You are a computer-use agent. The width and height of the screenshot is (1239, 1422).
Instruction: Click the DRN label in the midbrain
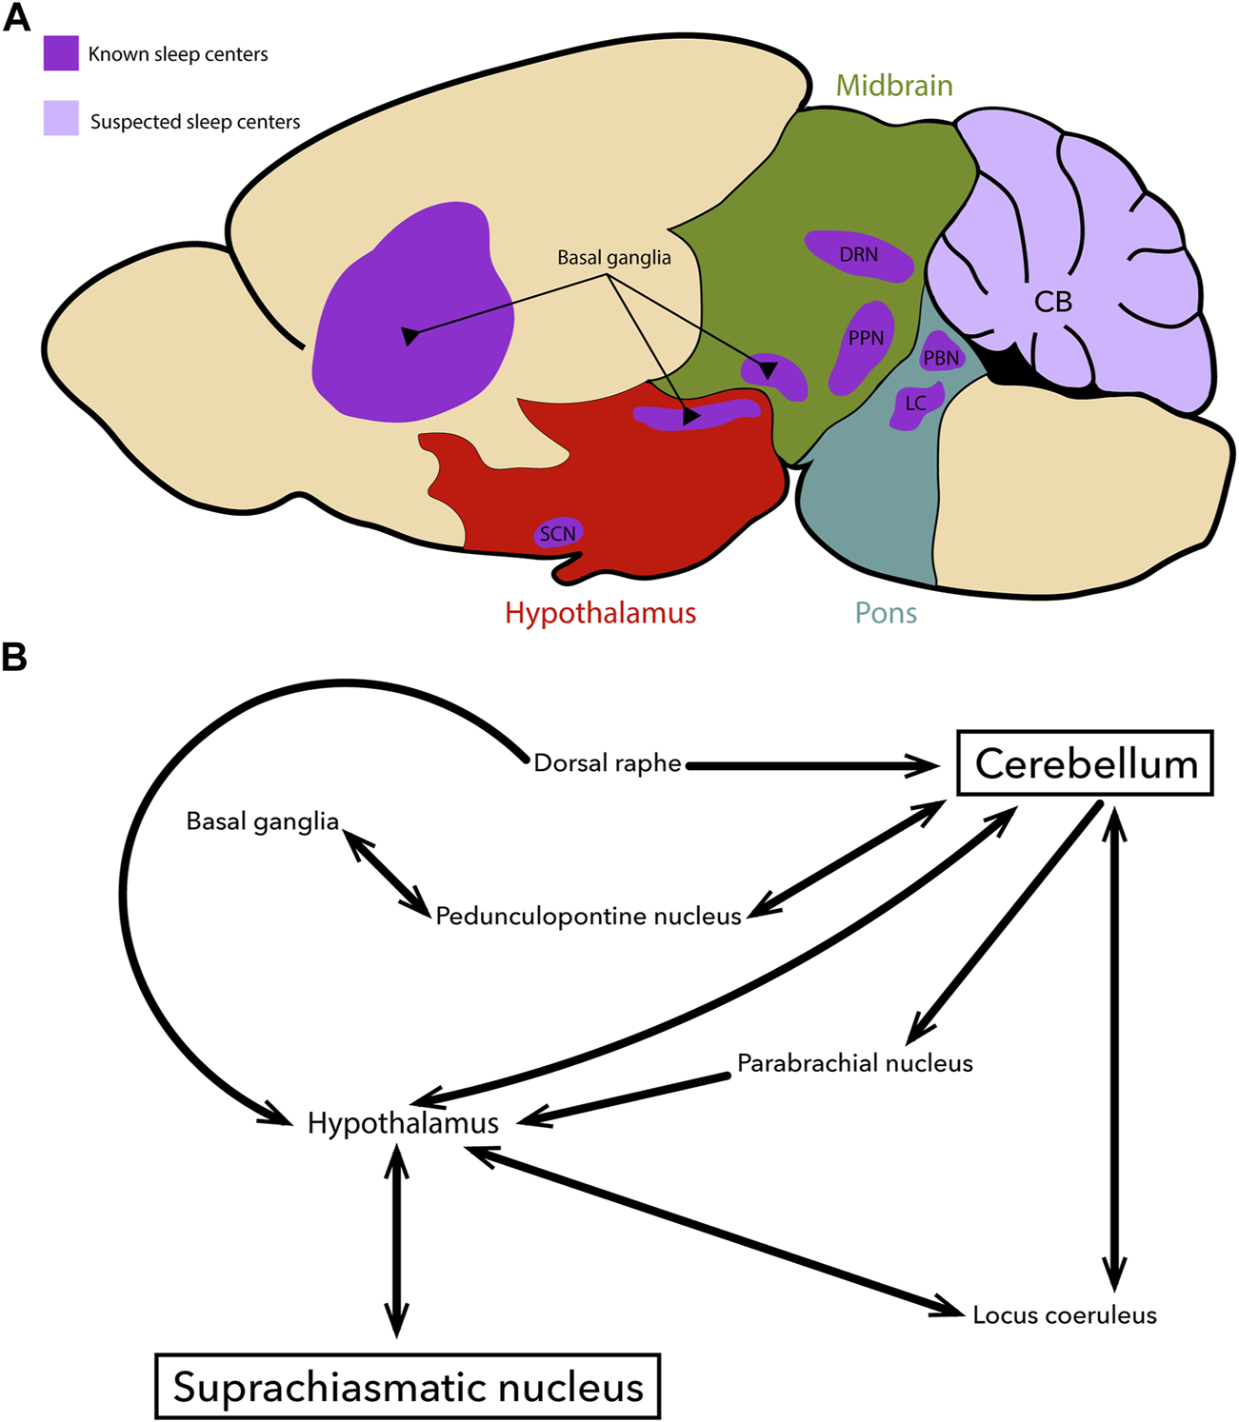859,255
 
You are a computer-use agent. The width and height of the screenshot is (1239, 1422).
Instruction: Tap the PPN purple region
862,346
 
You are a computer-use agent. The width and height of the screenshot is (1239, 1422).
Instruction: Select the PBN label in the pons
941,358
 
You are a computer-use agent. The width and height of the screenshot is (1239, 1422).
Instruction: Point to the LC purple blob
916,405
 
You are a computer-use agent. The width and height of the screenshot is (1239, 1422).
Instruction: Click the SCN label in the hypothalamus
558,534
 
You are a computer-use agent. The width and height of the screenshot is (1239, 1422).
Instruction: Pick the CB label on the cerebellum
1052,302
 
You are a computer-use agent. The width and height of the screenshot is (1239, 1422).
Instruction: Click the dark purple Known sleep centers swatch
61,53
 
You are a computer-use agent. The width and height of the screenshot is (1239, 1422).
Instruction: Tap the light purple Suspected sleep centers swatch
61,118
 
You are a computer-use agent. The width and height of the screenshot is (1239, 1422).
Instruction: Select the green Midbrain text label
894,86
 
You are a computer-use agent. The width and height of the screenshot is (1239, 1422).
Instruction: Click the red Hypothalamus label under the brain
601,613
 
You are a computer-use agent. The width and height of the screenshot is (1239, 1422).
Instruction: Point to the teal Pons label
886,613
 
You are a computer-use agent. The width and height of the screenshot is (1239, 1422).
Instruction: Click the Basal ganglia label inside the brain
614,258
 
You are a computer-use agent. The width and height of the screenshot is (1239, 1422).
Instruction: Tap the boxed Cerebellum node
1086,763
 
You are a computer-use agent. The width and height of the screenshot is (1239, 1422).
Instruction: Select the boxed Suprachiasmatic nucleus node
408,1387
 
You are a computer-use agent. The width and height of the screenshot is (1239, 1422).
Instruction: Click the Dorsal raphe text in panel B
607,763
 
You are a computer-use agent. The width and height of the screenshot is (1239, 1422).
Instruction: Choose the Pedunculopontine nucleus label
589,917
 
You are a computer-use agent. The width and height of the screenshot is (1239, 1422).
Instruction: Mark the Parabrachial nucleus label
854,1063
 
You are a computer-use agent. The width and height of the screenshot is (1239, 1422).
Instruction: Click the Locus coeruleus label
1065,1315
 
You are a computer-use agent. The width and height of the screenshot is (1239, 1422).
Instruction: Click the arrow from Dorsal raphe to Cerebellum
812,766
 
